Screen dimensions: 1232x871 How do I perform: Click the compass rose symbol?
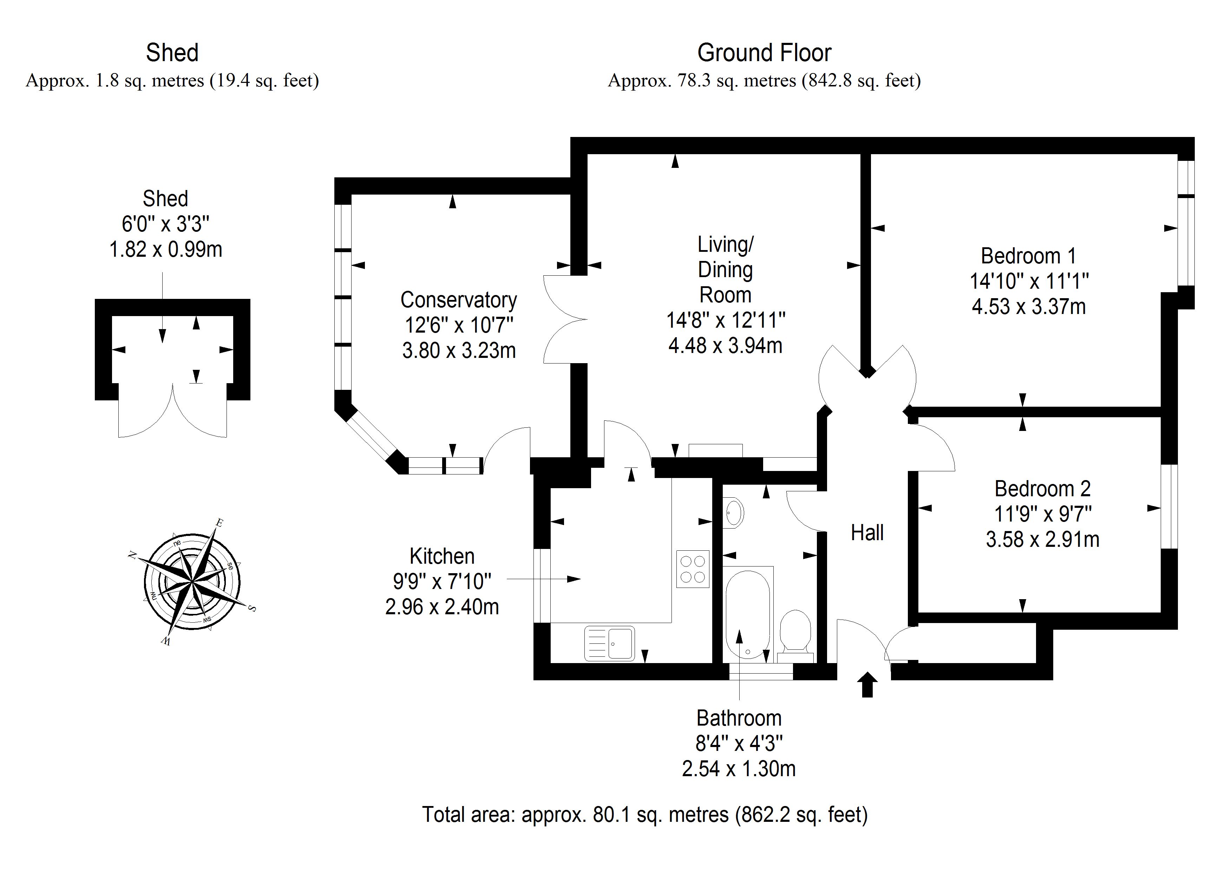pos(192,582)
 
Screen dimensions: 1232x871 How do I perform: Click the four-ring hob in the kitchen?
pos(692,569)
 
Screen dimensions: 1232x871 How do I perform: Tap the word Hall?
pos(867,533)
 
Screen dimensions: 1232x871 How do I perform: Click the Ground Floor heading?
pos(764,53)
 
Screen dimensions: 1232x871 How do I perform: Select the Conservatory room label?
pos(459,300)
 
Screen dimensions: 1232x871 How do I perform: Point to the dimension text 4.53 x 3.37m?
pos(1029,307)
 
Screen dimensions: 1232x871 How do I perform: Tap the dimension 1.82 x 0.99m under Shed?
pos(166,250)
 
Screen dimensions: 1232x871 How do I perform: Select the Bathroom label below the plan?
pos(739,718)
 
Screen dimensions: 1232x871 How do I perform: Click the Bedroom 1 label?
pos(1028,256)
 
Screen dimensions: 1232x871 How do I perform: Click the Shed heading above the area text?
pos(172,53)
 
